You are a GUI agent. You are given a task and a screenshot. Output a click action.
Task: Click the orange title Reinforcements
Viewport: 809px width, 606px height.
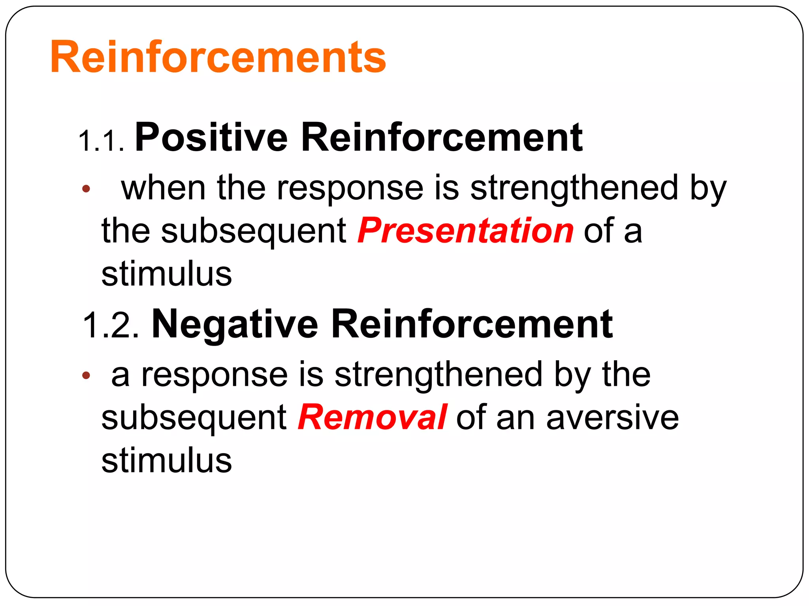(218, 58)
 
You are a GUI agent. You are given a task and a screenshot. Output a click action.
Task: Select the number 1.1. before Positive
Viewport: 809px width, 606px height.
(102, 141)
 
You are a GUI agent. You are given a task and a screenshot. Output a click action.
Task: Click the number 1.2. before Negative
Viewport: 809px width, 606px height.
(111, 325)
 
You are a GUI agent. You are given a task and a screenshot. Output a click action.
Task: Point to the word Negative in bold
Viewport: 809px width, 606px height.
(235, 324)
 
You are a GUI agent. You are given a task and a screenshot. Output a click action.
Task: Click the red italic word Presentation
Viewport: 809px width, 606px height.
(465, 231)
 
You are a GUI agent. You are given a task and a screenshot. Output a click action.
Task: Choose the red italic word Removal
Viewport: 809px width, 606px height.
(373, 417)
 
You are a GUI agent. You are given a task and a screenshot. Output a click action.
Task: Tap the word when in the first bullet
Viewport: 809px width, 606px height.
(163, 188)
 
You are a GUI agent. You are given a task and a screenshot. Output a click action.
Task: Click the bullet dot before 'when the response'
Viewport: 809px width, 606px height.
(86, 189)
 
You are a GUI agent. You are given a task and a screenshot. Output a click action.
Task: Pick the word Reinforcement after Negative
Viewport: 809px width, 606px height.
(472, 324)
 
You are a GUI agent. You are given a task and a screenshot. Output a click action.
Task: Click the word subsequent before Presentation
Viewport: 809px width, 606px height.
(254, 231)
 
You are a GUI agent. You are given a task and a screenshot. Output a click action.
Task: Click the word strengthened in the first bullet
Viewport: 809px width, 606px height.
(574, 188)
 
